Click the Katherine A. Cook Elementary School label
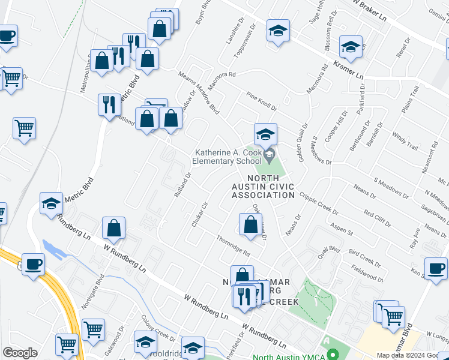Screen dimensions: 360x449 (x=228, y=157)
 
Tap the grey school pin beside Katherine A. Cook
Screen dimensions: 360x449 (x=270, y=156)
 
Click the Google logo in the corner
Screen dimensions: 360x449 (x=20, y=353)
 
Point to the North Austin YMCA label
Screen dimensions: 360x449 (x=289, y=356)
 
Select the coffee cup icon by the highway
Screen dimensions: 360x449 (x=34, y=264)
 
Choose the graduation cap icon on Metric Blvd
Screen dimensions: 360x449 (x=52, y=203)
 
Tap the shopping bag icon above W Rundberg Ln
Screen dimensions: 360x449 (x=113, y=229)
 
